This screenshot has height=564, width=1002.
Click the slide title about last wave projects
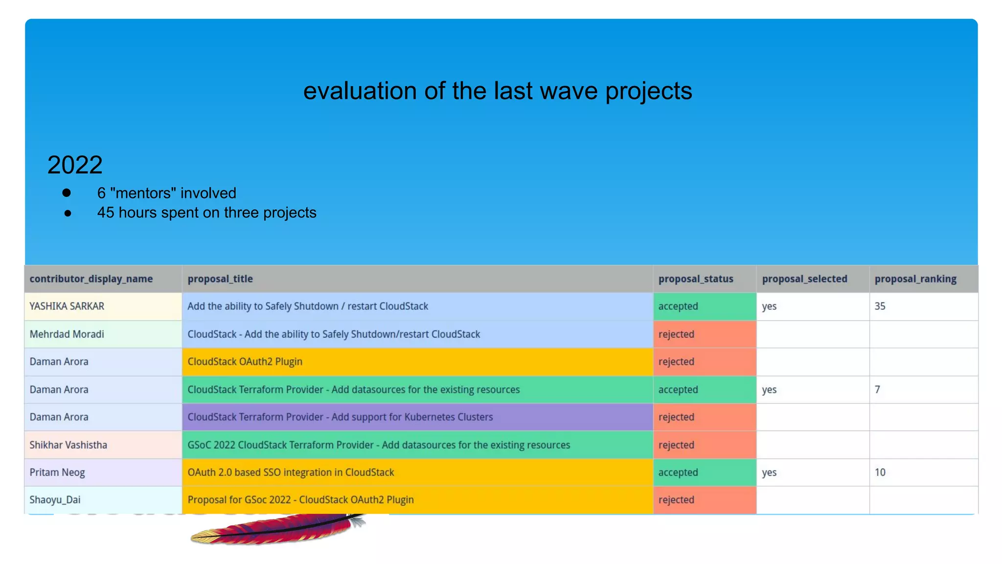tap(498, 91)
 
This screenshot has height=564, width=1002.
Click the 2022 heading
tap(75, 165)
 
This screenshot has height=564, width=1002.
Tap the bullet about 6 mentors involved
tap(166, 193)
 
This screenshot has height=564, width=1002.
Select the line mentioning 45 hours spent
tap(206, 212)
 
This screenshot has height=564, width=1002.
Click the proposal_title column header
tap(220, 279)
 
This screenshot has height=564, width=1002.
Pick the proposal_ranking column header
tap(915, 279)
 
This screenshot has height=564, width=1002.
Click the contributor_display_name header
tap(91, 279)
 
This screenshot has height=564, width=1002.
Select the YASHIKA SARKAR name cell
tap(67, 306)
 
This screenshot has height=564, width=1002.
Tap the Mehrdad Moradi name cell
tap(67, 334)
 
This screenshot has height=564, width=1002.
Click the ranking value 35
tap(880, 306)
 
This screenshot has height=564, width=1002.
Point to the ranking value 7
tap(877, 390)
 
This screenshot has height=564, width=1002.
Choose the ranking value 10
tap(880, 472)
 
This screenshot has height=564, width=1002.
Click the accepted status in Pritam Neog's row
tap(678, 472)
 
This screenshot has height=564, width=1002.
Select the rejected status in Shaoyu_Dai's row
tap(676, 500)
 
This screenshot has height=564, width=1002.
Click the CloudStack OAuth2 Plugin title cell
tap(245, 362)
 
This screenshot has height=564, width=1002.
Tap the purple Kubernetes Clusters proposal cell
tap(340, 417)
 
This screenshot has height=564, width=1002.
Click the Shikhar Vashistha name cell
tap(68, 445)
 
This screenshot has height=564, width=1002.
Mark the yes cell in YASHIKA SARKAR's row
tap(769, 306)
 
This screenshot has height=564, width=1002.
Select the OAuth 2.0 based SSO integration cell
tap(291, 472)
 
